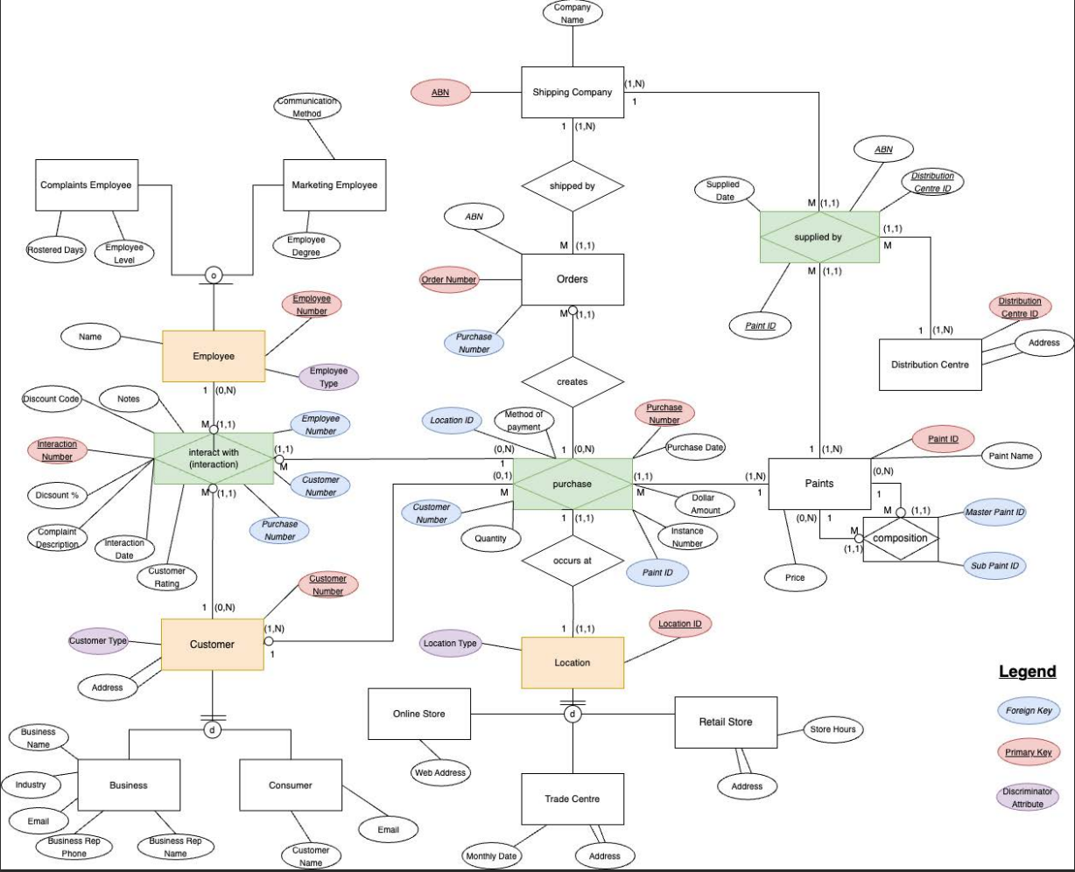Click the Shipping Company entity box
(573, 92)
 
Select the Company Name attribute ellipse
(573, 13)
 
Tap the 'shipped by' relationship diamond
(573, 186)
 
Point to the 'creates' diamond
(573, 382)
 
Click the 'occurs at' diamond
(573, 561)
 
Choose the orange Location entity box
(573, 663)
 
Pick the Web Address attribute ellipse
(440, 772)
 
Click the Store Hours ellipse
(833, 729)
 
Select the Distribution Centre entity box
(931, 365)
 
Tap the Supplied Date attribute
(724, 191)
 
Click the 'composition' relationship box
(901, 539)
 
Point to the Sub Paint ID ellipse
(994, 566)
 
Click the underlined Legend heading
(1028, 672)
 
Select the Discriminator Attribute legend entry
(1028, 798)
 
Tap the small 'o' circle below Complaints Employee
(214, 276)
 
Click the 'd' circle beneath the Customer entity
(213, 729)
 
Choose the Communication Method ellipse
(307, 107)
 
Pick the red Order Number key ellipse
(449, 280)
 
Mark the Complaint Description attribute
(57, 538)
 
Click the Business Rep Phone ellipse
(74, 848)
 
